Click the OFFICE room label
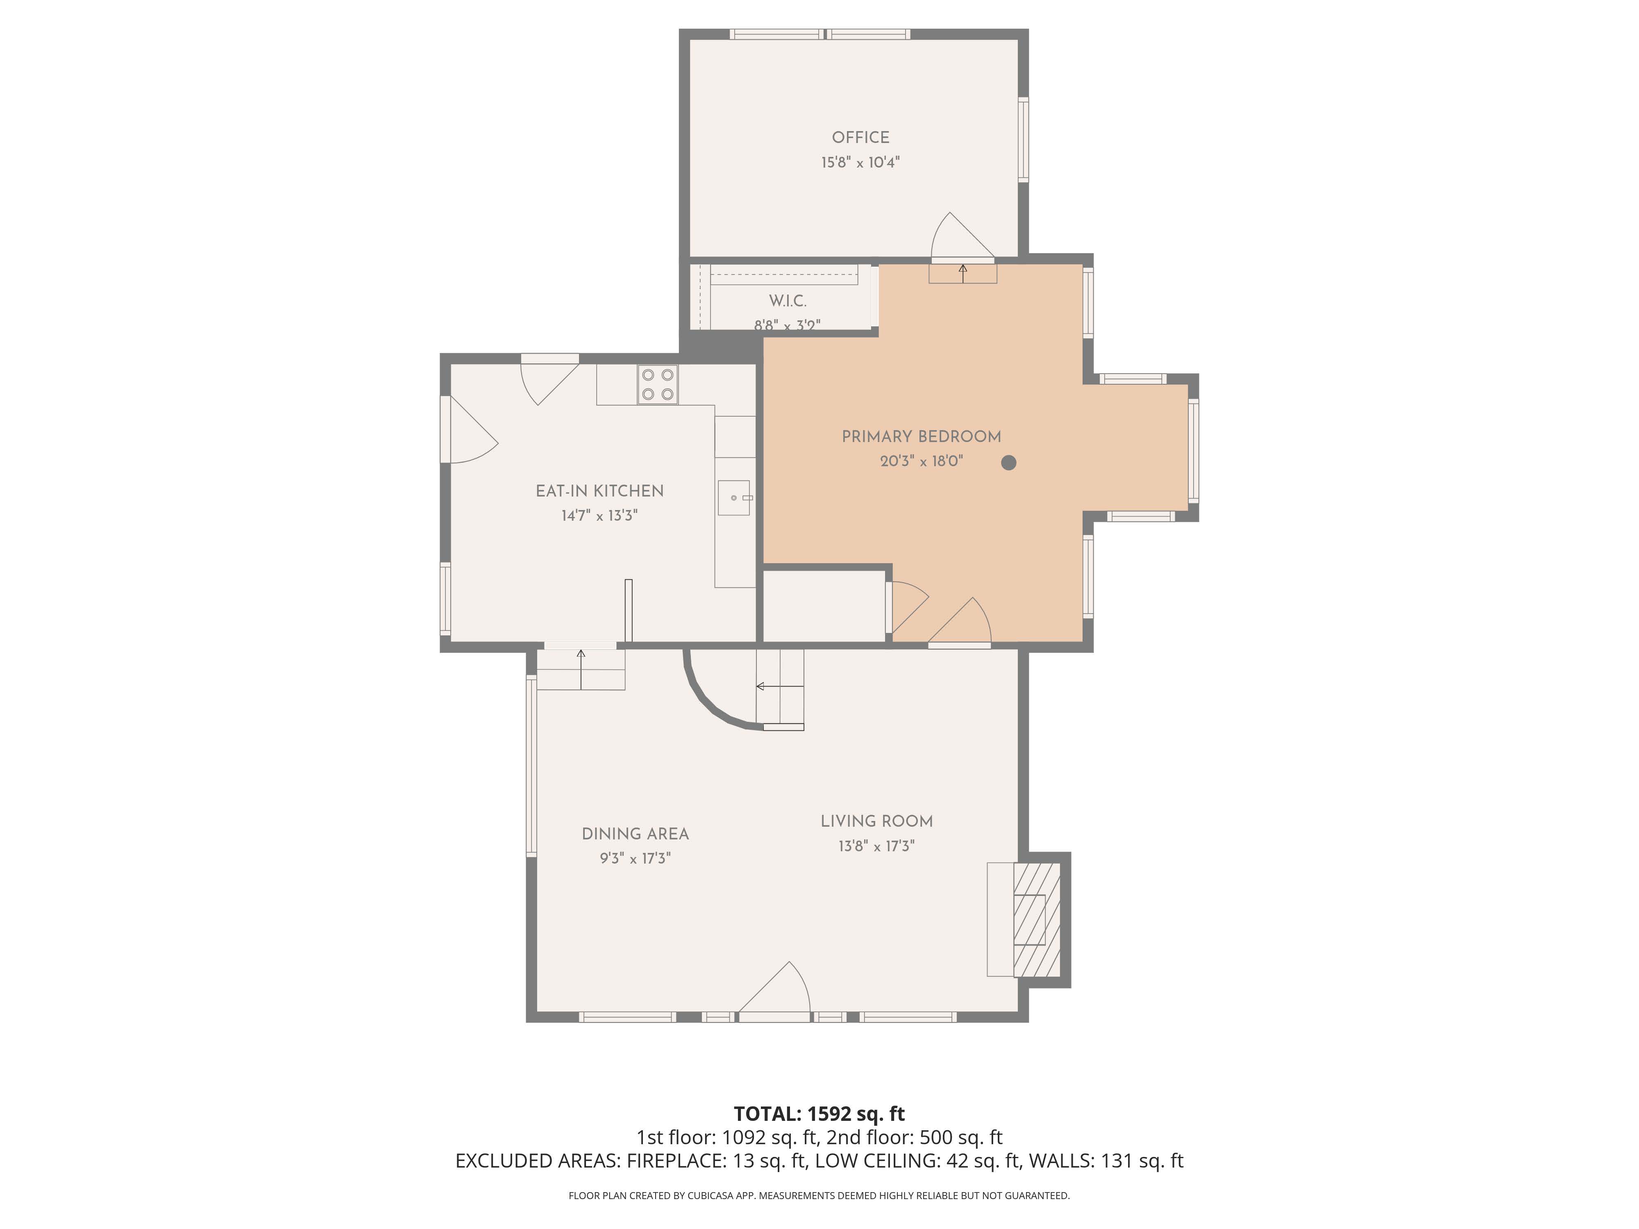coord(860,138)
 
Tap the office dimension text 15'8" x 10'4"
coord(860,162)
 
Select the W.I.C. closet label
coord(788,301)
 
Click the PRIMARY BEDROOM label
coord(921,437)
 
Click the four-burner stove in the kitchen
coord(657,385)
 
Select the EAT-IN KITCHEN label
coord(599,491)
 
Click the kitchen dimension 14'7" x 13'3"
coord(599,516)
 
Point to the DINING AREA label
coord(635,834)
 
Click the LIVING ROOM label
coord(876,821)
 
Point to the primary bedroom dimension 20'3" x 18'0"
coord(921,462)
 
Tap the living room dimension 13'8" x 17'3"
coord(876,846)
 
